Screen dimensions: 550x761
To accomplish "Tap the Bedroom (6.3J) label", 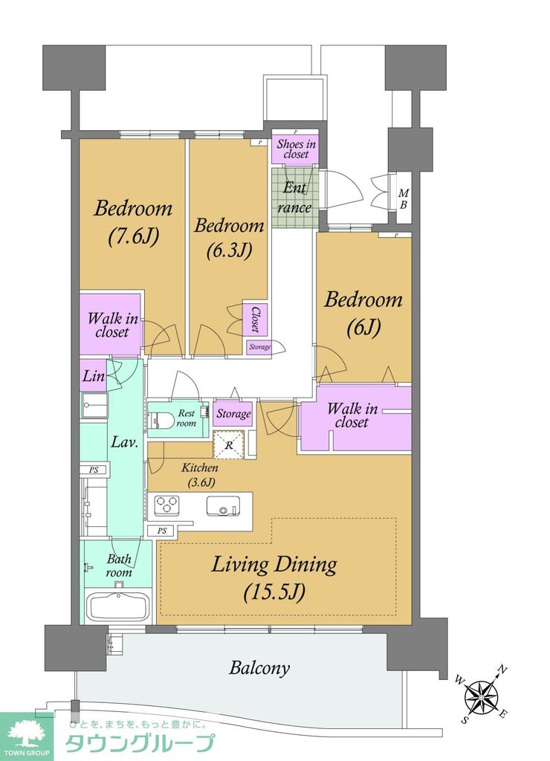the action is [229, 239].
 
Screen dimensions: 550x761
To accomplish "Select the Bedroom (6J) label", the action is [363, 313].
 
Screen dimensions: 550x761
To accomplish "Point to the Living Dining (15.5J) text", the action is [274, 577].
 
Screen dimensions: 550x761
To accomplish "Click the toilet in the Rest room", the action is [158, 421].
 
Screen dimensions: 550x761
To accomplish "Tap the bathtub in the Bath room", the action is [118, 606].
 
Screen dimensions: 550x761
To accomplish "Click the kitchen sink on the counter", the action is [223, 506].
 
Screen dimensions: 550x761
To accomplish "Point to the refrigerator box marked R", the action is [228, 444].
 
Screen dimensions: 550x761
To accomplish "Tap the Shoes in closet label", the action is [296, 149].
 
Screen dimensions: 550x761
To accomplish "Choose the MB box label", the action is [404, 199].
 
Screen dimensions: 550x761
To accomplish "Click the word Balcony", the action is [259, 669].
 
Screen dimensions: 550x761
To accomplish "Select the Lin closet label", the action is [94, 375].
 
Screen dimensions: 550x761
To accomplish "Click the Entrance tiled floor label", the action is [294, 198].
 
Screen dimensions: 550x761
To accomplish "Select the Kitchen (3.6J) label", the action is [199, 475].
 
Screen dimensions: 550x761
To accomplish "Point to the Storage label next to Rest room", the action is [233, 413].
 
